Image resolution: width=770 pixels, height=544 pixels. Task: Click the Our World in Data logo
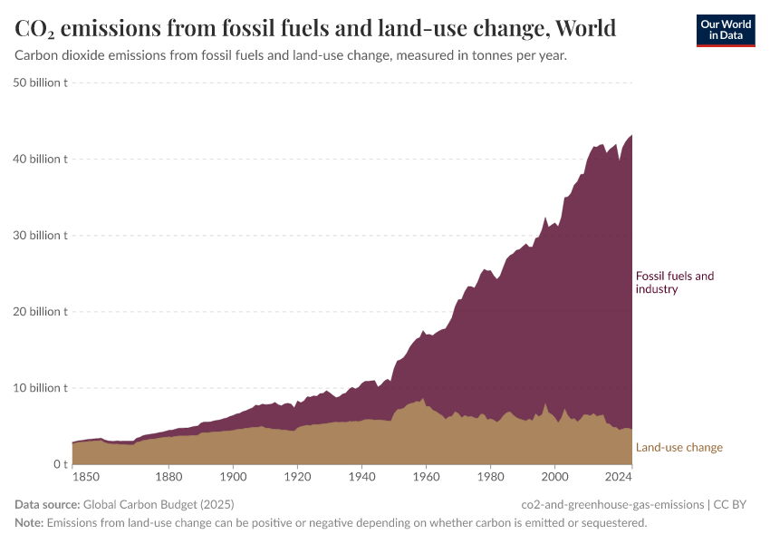[726, 30]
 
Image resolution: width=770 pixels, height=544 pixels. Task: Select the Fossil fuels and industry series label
[675, 282]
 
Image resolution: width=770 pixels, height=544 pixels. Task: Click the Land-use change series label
[679, 447]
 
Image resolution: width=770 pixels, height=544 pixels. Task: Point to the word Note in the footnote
[29, 523]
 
